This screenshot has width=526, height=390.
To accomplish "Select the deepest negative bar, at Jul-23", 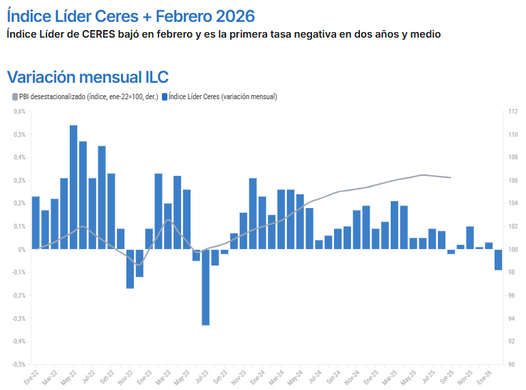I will tap(206, 287).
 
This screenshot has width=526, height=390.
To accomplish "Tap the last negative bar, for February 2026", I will tap(499, 259).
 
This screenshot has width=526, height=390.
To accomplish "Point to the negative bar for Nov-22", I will tap(130, 268).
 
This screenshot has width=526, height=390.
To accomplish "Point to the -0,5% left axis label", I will tap(18, 364).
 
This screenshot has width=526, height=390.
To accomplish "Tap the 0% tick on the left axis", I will tap(22, 249).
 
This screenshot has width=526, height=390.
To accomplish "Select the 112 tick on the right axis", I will tap(512, 112).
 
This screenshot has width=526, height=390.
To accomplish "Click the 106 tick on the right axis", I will tap(512, 181).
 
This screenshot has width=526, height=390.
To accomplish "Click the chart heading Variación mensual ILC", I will tap(87, 77).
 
